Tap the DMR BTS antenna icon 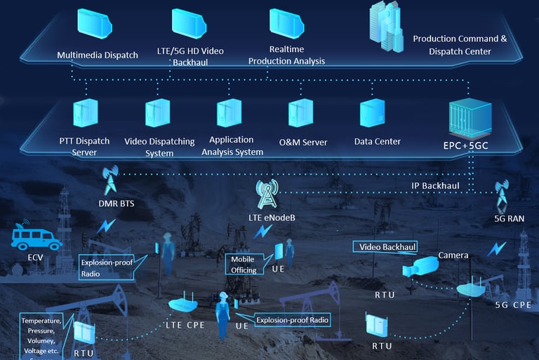pyautogui.click(x=111, y=180)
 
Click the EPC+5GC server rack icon pyautogui.click(x=467, y=114)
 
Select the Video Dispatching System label pyautogui.click(x=159, y=147)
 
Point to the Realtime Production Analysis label pyautogui.click(x=286, y=55)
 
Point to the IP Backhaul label pyautogui.click(x=435, y=186)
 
